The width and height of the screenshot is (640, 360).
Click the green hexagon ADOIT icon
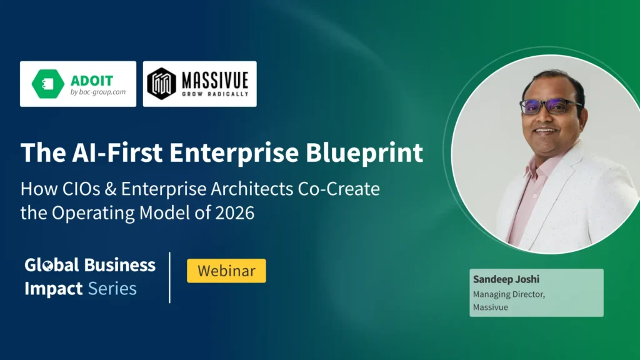click(x=48, y=84)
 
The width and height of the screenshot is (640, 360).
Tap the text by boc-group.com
click(x=98, y=92)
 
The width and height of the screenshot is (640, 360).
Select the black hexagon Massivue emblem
click(x=162, y=84)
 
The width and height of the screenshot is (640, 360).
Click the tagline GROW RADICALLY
click(x=215, y=94)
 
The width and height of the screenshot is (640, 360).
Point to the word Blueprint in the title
click(x=364, y=152)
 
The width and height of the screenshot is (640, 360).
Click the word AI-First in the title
click(x=117, y=152)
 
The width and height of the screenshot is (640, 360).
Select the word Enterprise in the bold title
click(x=234, y=153)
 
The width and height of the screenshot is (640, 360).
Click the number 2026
click(x=235, y=212)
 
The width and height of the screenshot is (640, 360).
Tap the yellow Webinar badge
click(x=226, y=271)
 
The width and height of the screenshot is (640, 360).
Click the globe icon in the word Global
click(x=48, y=266)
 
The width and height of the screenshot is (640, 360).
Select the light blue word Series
click(x=112, y=289)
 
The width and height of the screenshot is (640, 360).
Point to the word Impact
click(x=54, y=289)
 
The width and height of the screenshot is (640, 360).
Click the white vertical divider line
click(x=170, y=277)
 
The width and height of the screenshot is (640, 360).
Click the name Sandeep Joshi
click(x=506, y=279)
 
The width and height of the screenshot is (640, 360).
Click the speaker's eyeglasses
click(x=550, y=106)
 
